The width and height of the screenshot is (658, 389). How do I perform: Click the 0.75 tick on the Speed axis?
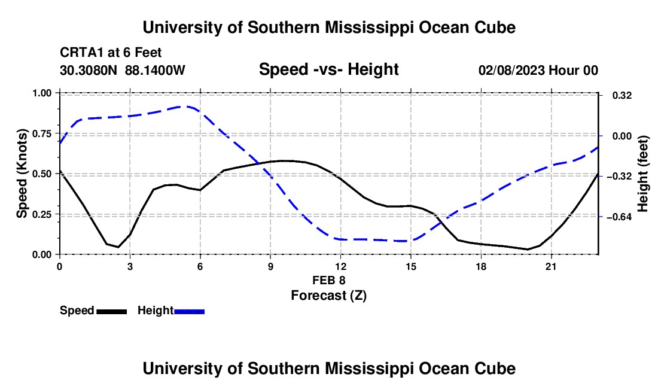click(x=58, y=133)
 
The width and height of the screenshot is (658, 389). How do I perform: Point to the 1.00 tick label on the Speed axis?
click(x=41, y=93)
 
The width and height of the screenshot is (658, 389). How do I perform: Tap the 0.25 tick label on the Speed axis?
click(x=41, y=214)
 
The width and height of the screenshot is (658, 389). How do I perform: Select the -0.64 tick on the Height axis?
click(x=601, y=217)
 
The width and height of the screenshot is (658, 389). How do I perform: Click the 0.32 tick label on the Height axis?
click(x=622, y=96)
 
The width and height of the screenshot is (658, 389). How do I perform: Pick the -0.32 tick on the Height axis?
click(x=601, y=176)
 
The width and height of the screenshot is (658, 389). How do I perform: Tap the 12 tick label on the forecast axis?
click(x=341, y=266)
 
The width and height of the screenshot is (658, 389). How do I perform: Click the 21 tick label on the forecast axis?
click(x=551, y=266)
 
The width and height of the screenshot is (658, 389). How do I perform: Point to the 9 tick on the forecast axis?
click(x=270, y=256)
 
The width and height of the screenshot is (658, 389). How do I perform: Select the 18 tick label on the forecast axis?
click(x=481, y=266)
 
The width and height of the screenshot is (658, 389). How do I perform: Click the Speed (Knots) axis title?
click(x=22, y=174)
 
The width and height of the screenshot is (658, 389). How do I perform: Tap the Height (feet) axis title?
click(x=642, y=174)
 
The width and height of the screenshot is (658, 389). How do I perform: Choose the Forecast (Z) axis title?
click(x=329, y=296)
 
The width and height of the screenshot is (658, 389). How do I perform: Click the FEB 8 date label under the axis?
click(x=329, y=280)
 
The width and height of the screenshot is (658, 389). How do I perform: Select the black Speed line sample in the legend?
click(x=112, y=312)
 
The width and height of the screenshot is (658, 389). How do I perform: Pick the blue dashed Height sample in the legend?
click(x=189, y=312)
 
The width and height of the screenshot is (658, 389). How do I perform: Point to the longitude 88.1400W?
click(x=155, y=70)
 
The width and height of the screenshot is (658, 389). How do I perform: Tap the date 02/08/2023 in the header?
click(x=511, y=70)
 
